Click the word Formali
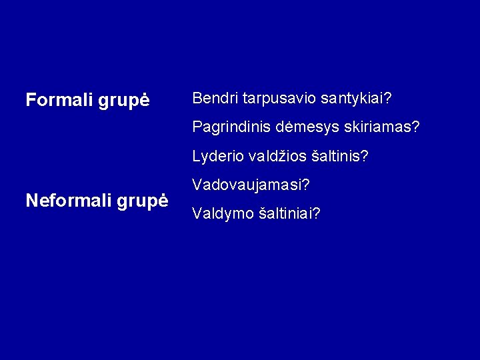pyautogui.click(x=58, y=100)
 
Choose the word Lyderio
pyautogui.click(x=215, y=157)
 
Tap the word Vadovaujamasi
pyautogui.click(x=248, y=185)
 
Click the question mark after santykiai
pyautogui.click(x=387, y=99)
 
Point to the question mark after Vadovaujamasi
pyautogui.click(x=309, y=185)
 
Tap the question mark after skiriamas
pyautogui.click(x=416, y=126)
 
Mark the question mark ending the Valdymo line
pyautogui.click(x=317, y=214)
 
